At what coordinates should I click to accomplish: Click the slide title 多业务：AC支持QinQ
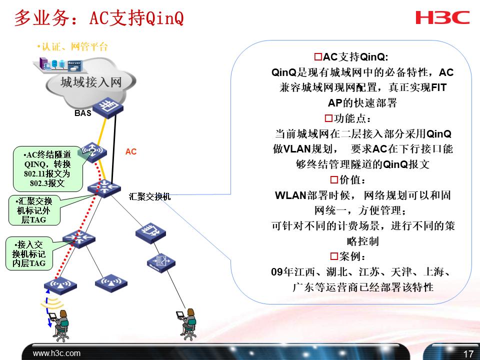point(99,18)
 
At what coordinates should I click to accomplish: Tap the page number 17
point(468,354)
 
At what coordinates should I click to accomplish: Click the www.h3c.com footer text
point(56,353)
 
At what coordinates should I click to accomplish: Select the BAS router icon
point(105,106)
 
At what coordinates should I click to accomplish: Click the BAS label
point(83,113)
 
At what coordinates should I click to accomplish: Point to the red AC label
point(131,151)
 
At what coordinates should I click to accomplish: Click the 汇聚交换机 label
point(149,196)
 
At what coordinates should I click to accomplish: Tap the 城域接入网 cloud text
point(90,82)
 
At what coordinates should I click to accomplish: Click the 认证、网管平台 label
point(73,47)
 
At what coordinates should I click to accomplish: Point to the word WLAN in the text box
point(290,195)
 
